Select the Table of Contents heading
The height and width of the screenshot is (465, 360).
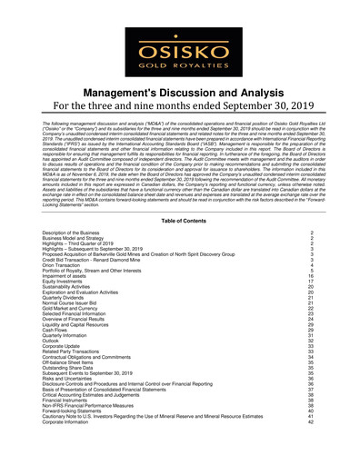click(180, 221)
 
